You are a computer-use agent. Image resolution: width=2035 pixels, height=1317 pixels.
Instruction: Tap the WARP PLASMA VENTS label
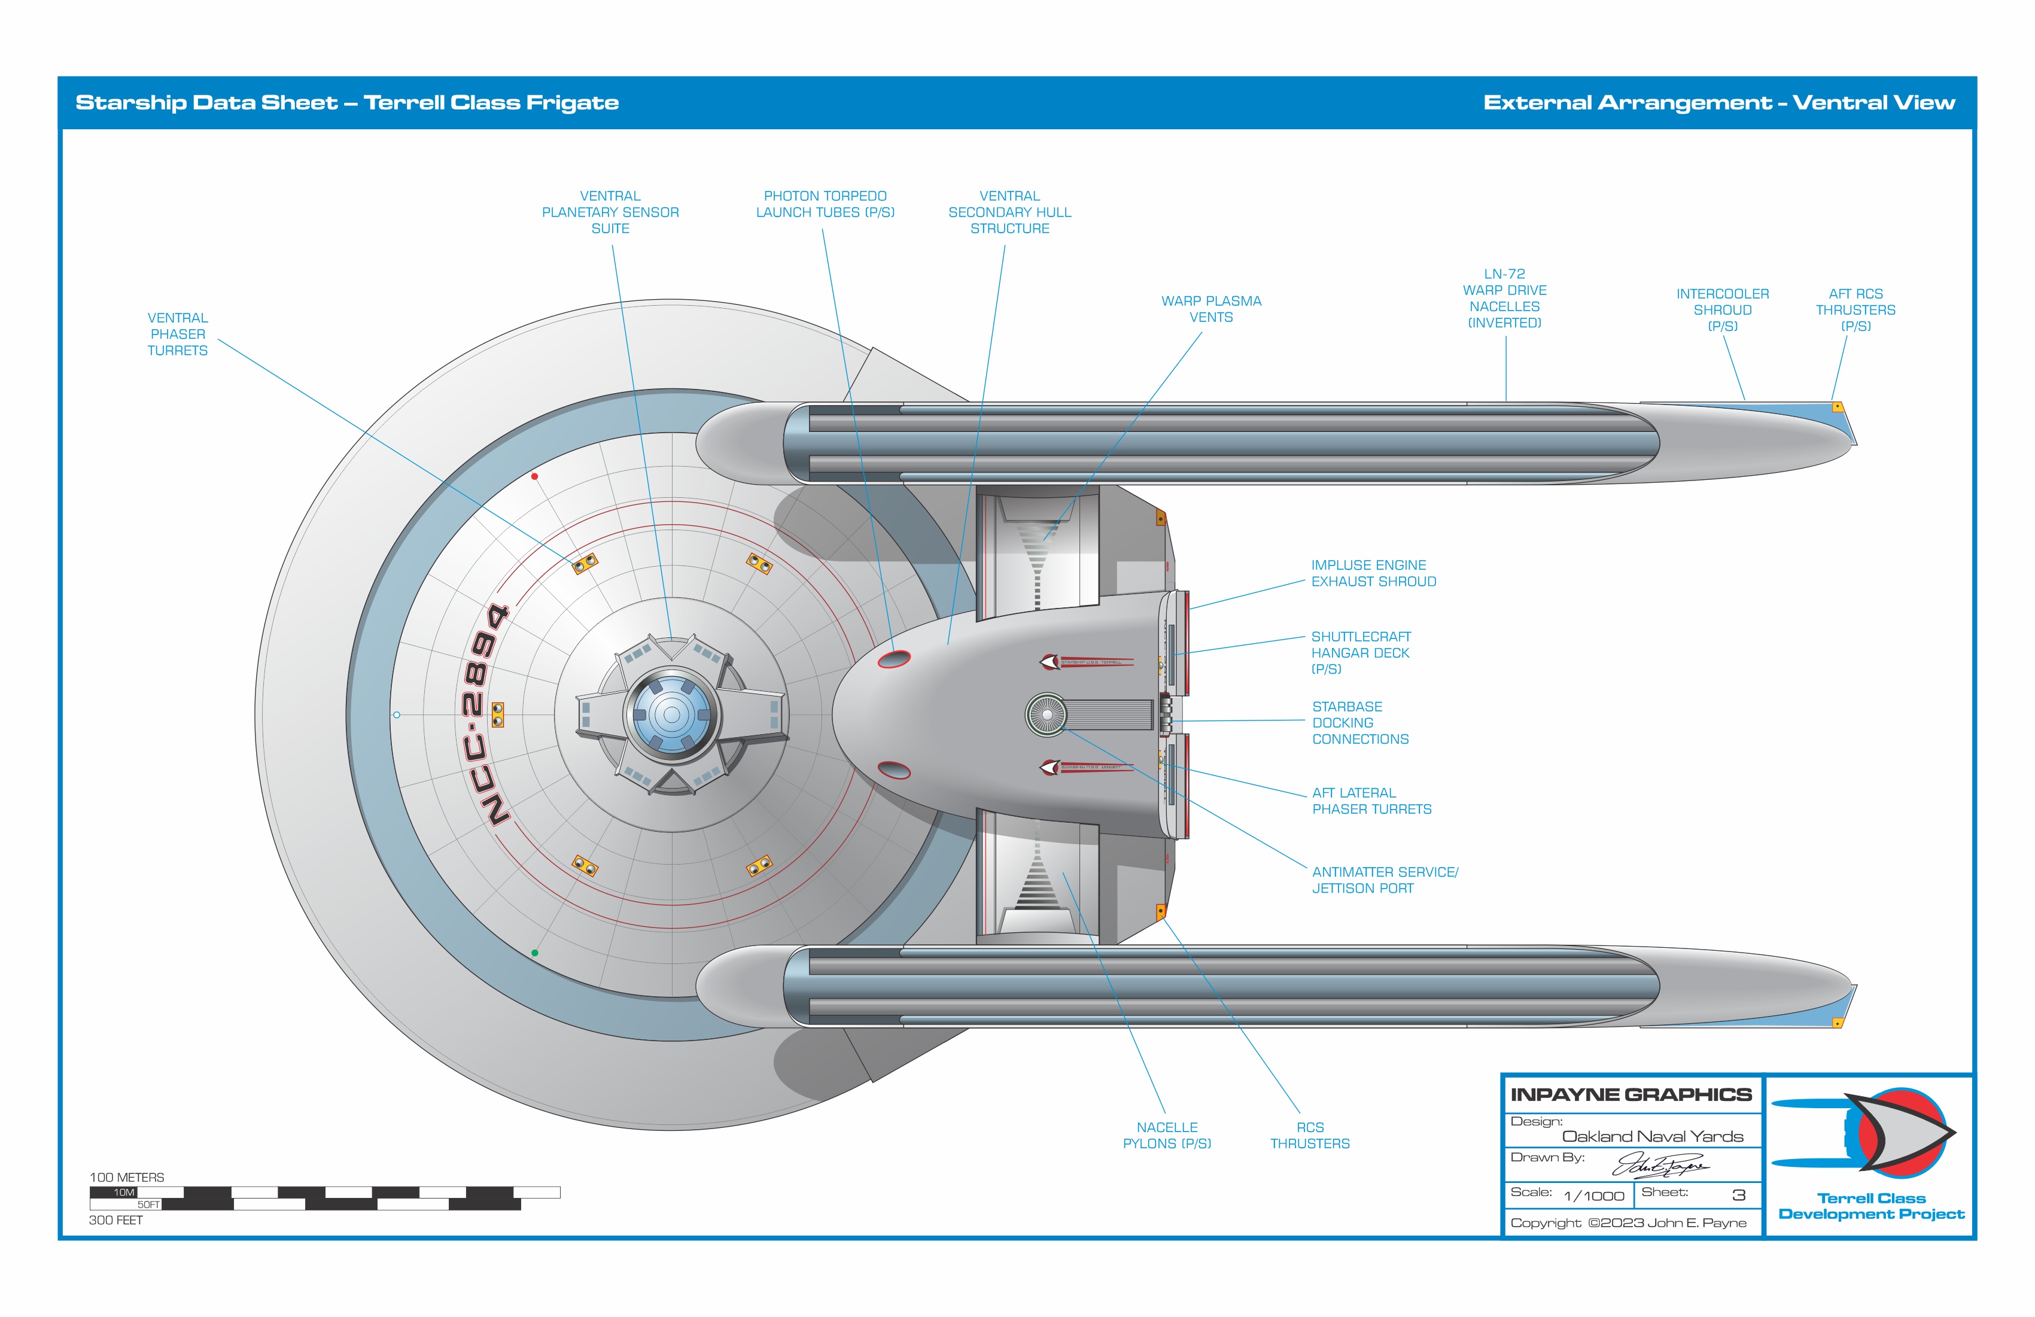point(1210,309)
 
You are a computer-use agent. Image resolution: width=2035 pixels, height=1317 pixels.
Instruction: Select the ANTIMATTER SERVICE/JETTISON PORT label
point(1385,880)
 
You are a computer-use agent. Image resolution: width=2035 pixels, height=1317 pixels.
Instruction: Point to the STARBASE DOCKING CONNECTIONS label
point(1359,723)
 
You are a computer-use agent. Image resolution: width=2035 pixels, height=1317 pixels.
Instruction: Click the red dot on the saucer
point(534,476)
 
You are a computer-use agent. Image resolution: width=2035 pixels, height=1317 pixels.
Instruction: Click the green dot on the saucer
point(534,953)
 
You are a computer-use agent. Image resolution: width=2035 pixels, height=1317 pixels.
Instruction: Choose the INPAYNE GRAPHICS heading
point(1631,1094)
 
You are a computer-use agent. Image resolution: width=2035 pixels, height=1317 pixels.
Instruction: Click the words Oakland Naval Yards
point(1652,1136)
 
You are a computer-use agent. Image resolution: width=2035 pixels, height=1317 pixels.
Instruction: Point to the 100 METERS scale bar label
point(126,1178)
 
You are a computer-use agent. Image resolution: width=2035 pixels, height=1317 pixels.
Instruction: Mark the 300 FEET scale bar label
point(116,1220)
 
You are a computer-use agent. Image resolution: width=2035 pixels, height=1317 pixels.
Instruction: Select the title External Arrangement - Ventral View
point(1718,103)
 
